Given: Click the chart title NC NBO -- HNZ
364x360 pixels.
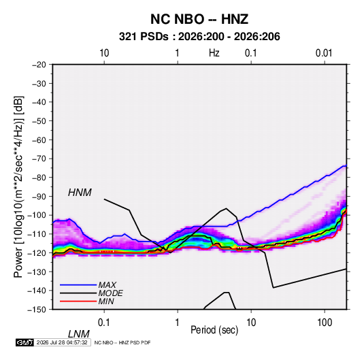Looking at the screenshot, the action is (x=199, y=19).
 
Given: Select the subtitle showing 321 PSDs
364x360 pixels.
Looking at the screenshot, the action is (x=199, y=37).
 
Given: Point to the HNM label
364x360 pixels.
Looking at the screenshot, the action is (x=80, y=193).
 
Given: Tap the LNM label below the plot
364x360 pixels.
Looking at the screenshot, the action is (x=78, y=334).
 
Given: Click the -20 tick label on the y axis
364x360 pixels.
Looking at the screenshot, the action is (x=39, y=65).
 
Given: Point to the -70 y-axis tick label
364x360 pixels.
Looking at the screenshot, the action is (x=39, y=159).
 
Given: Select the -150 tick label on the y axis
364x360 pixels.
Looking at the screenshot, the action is (x=37, y=309).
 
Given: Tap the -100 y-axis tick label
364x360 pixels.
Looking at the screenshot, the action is (x=37, y=215).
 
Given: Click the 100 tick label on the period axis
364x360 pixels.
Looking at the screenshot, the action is (x=325, y=323).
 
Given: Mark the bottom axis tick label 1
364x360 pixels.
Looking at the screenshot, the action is (x=178, y=323).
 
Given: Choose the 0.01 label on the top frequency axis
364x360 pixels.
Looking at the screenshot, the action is (x=324, y=53).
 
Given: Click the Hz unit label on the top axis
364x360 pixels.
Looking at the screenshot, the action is (x=214, y=53).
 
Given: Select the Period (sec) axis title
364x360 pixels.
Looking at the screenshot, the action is (x=214, y=330).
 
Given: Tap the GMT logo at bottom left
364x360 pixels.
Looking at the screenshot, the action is (x=24, y=342).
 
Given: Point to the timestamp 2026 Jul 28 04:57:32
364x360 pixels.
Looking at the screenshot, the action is (x=62, y=342).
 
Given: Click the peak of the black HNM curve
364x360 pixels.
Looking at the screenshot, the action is (x=226, y=208).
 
